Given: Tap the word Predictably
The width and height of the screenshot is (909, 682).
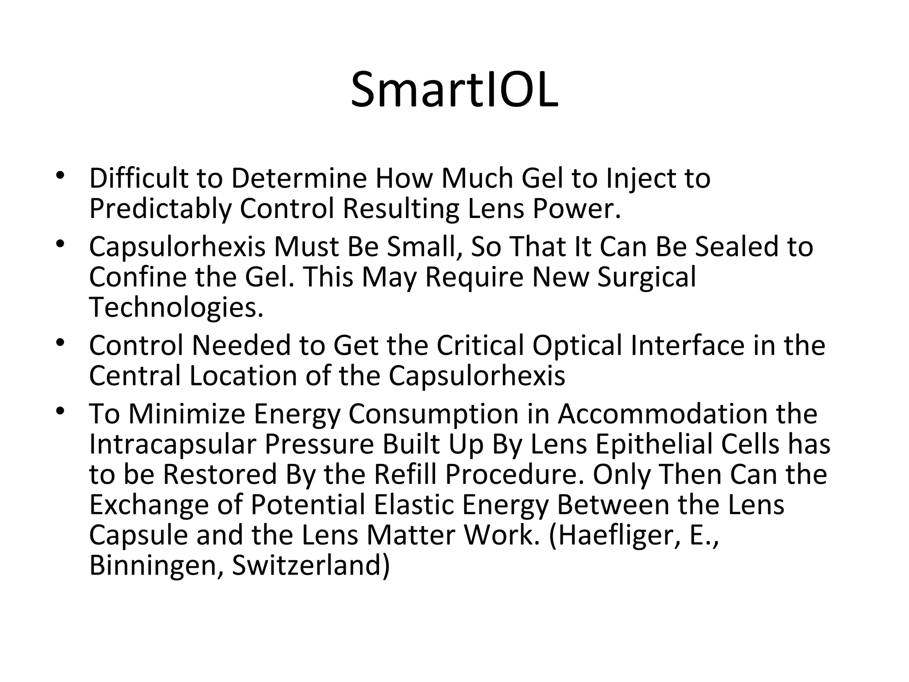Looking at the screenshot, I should (160, 209).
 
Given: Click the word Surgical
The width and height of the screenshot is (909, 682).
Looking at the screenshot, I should (647, 277).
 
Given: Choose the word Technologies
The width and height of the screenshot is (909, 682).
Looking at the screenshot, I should (176, 307).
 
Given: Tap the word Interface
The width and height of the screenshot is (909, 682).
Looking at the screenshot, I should (687, 345).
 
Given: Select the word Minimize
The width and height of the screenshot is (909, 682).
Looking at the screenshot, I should (186, 414).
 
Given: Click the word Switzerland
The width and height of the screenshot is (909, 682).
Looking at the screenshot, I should (310, 566).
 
